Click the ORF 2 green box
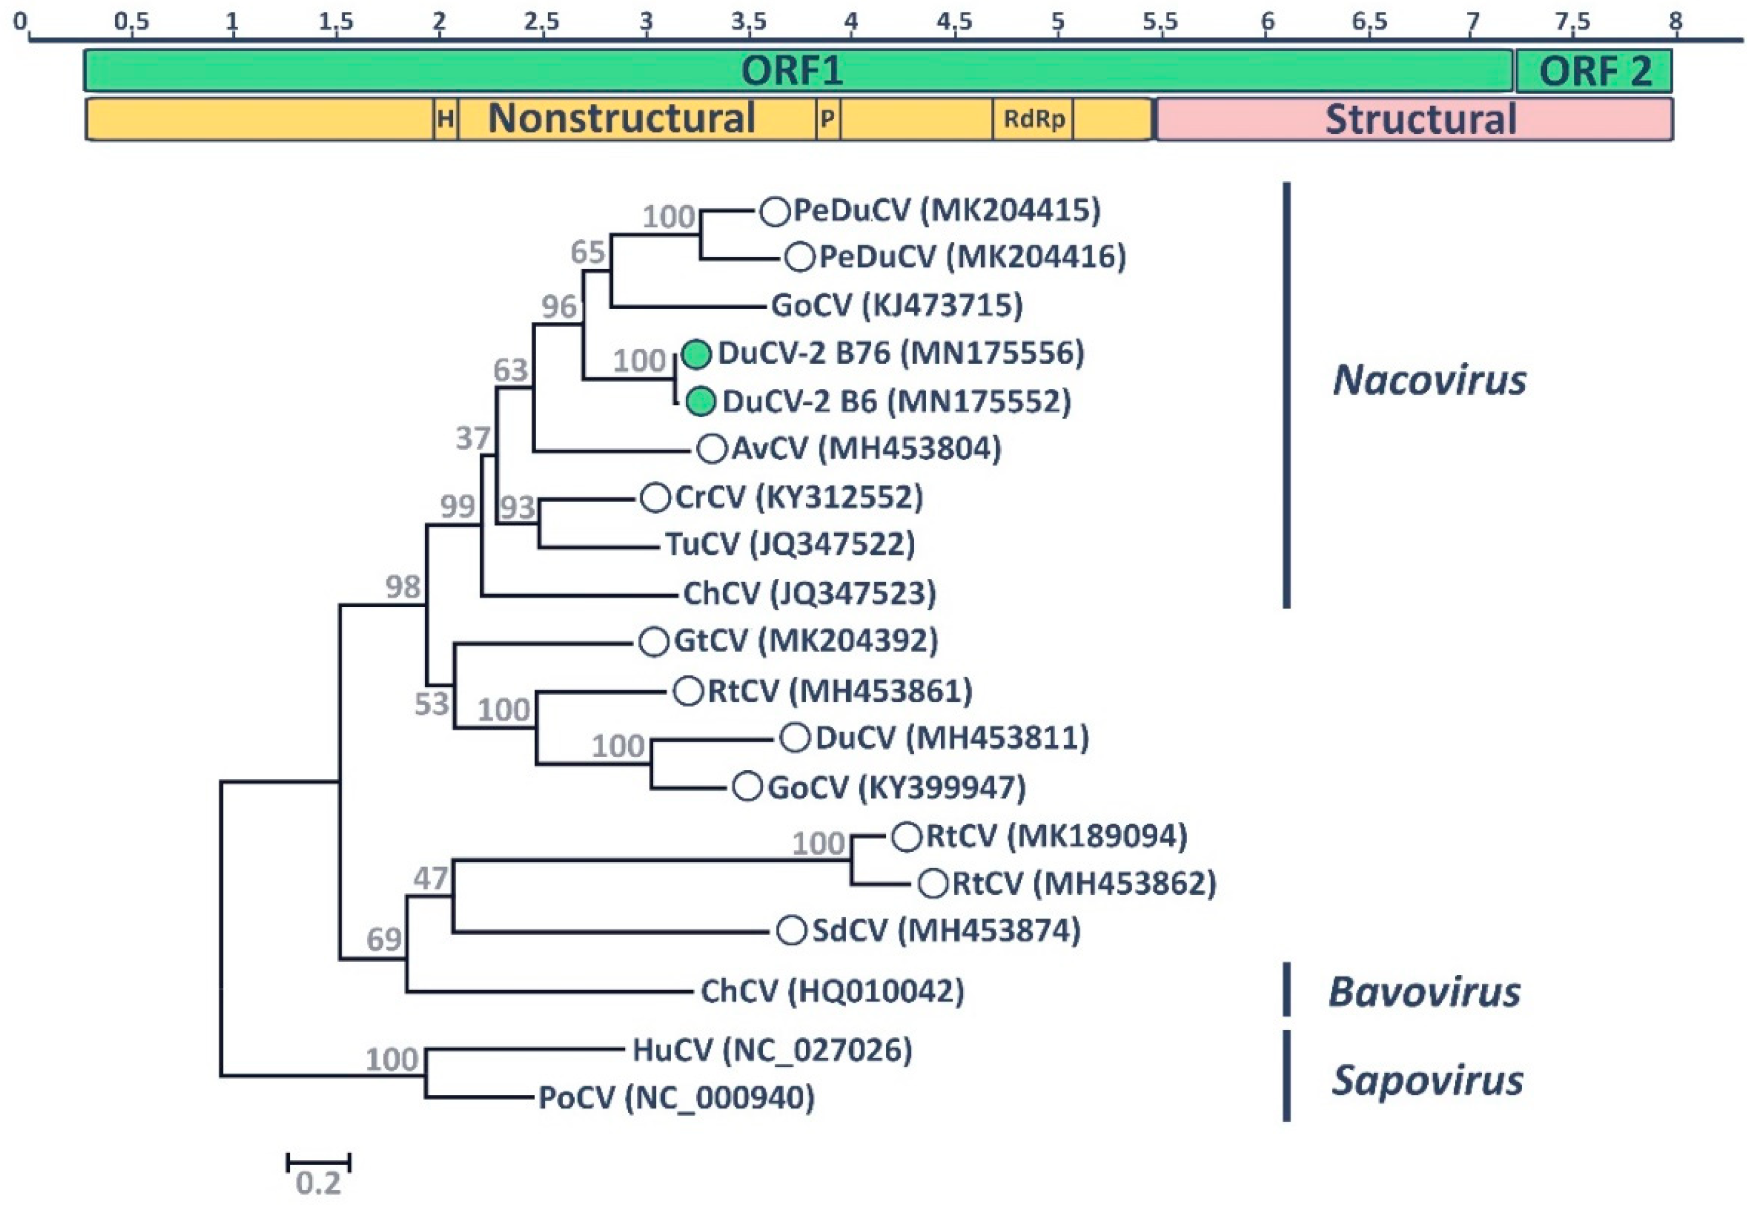coord(1593,71)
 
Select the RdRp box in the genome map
coord(1033,119)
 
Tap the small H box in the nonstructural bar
coord(446,119)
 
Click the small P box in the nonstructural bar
coord(828,119)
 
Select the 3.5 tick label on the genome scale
coord(748,21)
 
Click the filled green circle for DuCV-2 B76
coord(697,354)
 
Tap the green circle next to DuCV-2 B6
coord(700,401)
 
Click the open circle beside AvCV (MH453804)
coord(712,448)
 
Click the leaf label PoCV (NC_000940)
coord(677,1098)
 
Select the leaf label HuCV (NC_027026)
coord(772,1050)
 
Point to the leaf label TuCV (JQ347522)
coord(790,544)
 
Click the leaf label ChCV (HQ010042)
coord(832,991)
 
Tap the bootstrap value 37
coord(473,438)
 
